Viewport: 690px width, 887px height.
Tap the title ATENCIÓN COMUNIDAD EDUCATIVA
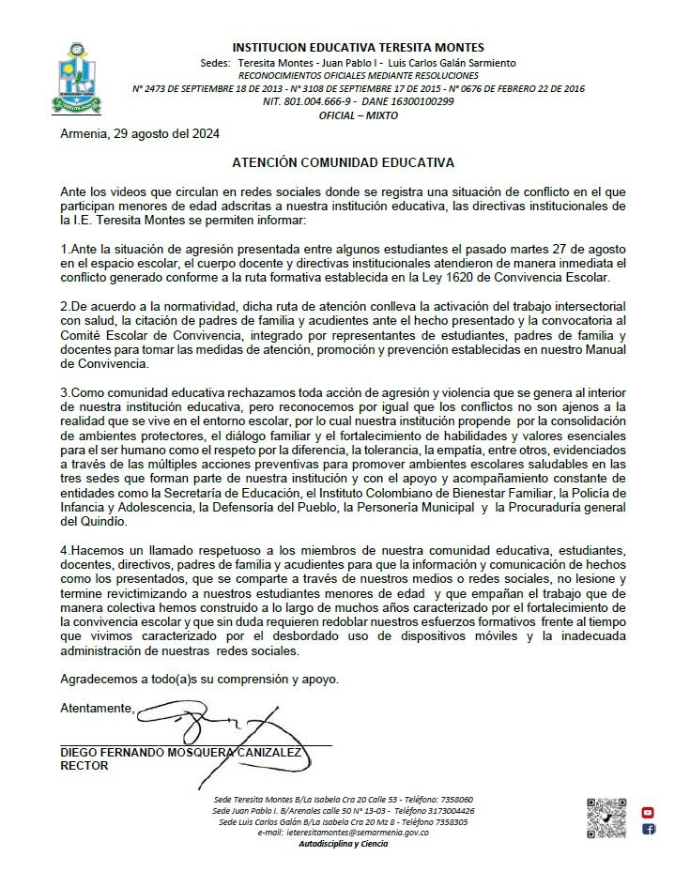(x=344, y=162)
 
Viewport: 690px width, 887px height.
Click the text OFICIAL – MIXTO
(x=359, y=115)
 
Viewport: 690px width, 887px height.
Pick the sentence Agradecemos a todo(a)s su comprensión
(x=193, y=678)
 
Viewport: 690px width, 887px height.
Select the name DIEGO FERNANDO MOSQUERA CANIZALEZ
(x=180, y=753)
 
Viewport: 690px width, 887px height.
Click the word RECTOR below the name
(x=84, y=766)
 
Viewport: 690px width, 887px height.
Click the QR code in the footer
(x=606, y=818)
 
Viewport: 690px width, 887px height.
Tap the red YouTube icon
(x=648, y=812)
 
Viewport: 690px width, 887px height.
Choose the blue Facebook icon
(x=649, y=829)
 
